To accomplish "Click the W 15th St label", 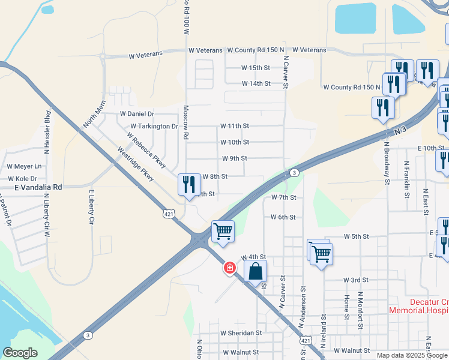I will [256, 68].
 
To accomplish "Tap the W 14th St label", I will [256, 83].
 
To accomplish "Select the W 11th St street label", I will [234, 126].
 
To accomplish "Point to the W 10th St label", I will [234, 142].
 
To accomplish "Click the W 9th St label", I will [234, 158].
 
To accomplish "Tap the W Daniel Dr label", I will [137, 113].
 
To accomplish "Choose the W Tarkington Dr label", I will [155, 127].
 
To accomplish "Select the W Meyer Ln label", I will [25, 166].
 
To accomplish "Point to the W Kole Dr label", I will [22, 179].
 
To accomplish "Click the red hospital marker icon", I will [229, 268].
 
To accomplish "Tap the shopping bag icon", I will [256, 271].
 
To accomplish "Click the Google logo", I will [20, 353].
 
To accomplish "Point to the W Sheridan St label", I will [241, 333].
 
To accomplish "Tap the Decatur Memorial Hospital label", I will [419, 306].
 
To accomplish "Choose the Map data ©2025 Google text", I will [411, 355].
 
